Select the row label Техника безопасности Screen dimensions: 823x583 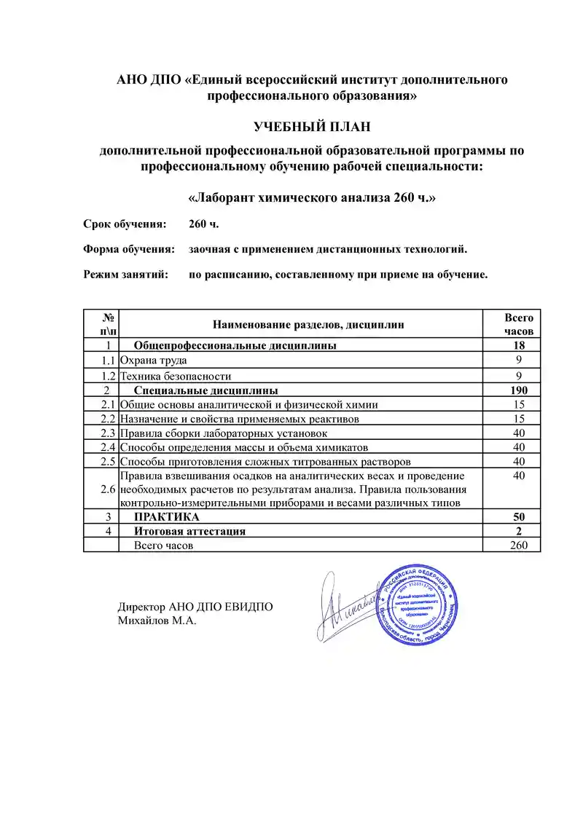176,377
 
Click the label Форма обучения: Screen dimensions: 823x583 129,249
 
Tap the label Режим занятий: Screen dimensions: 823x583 125,275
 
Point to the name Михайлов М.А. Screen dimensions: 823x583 157,621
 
